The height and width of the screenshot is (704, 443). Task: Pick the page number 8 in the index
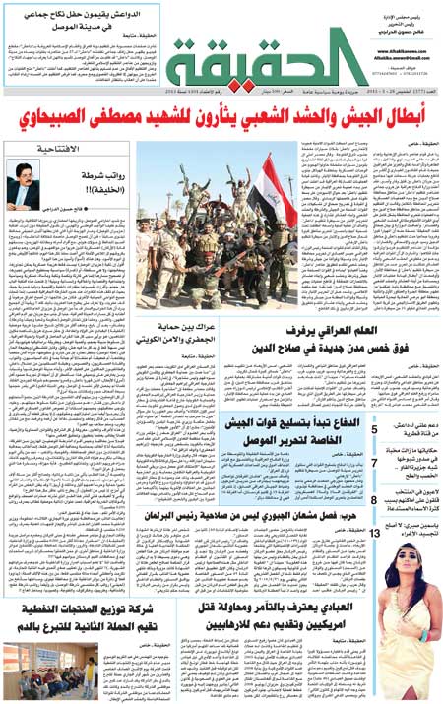pyautogui.click(x=374, y=501)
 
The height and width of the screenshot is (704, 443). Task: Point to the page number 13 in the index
pyautogui.click(x=376, y=533)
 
